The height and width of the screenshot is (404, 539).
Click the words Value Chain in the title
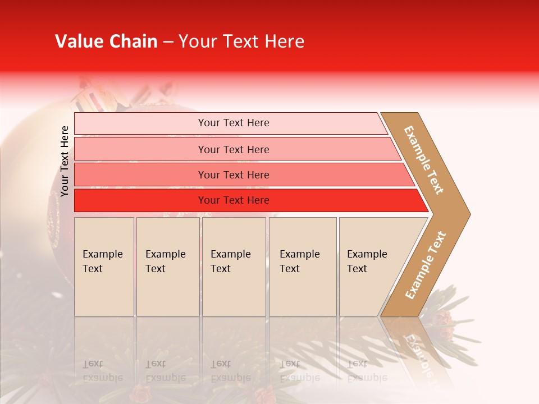point(106,42)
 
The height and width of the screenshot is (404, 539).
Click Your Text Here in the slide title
point(241,42)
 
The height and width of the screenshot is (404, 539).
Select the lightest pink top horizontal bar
point(140,123)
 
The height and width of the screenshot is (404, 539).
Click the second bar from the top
point(140,149)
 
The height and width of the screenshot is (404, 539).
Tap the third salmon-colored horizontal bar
point(140,175)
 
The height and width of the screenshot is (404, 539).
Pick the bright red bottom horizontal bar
point(140,200)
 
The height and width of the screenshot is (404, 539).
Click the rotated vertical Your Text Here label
point(65,161)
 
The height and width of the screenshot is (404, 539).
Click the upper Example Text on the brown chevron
point(424,160)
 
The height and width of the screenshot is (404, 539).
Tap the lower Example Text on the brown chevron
point(426,265)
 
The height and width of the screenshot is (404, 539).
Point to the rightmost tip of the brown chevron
point(469,214)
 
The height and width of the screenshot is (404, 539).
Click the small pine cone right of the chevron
point(445,319)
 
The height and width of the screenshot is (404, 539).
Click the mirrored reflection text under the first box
point(102,370)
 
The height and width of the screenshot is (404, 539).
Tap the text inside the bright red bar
point(234,200)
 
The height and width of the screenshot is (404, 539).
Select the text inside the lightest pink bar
point(234,123)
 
